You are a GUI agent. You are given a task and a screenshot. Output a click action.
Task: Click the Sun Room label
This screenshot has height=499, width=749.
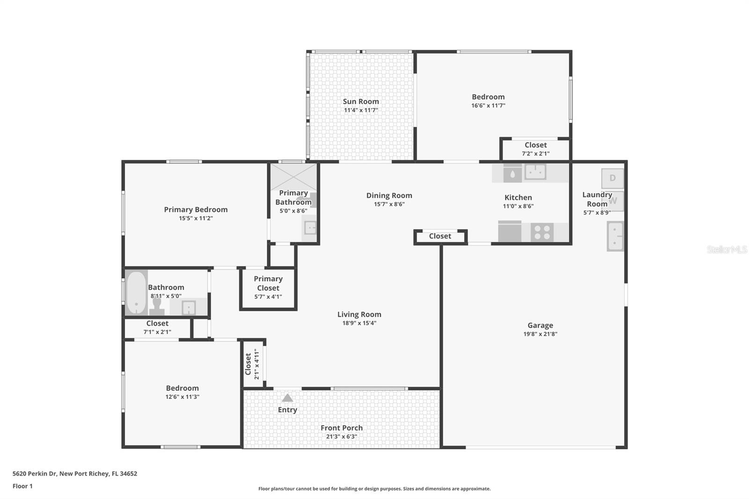(x=360, y=102)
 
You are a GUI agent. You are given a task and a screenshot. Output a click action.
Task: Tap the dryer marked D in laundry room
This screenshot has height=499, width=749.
(x=612, y=178)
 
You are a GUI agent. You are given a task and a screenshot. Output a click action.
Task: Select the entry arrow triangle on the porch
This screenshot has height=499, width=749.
(x=287, y=398)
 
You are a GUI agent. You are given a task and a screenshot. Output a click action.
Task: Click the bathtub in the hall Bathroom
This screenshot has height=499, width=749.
(x=136, y=293)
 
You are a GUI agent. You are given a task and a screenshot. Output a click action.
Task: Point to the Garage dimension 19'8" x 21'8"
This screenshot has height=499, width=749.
(x=540, y=334)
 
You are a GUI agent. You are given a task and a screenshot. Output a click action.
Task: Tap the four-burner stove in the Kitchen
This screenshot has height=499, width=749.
(x=542, y=232)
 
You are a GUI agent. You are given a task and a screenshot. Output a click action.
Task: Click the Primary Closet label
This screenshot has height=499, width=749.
(x=268, y=283)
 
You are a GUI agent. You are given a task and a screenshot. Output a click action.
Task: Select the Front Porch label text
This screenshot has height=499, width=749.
(x=341, y=428)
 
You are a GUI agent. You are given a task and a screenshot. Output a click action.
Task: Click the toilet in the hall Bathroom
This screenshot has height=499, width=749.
(x=157, y=306)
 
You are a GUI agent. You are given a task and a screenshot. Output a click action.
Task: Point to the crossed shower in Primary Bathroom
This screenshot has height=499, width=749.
(x=294, y=176)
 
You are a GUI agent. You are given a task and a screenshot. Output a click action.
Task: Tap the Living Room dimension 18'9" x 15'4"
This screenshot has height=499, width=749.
(x=359, y=323)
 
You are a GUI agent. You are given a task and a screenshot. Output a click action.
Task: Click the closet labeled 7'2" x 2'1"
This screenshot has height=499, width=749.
(x=536, y=149)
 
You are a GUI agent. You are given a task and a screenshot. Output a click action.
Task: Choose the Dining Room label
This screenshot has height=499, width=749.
(x=389, y=196)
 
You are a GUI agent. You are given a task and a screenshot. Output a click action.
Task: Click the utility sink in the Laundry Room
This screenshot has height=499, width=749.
(x=615, y=236)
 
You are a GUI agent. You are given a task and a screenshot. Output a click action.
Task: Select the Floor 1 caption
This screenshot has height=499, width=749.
(x=22, y=486)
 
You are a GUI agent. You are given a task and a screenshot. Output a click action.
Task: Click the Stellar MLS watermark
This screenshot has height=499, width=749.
(x=727, y=249)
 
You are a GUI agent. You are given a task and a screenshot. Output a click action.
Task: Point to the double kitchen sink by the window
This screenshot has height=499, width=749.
(x=536, y=172)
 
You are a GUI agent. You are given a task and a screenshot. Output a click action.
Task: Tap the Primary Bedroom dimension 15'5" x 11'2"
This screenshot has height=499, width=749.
(x=196, y=218)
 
